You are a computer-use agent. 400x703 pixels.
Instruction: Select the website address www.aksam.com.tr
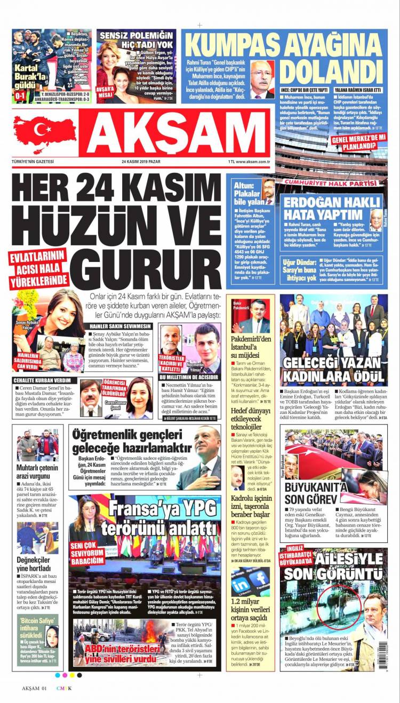pos(252,162)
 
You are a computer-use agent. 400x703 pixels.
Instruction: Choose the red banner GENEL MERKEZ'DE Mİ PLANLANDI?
pos(359,140)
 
